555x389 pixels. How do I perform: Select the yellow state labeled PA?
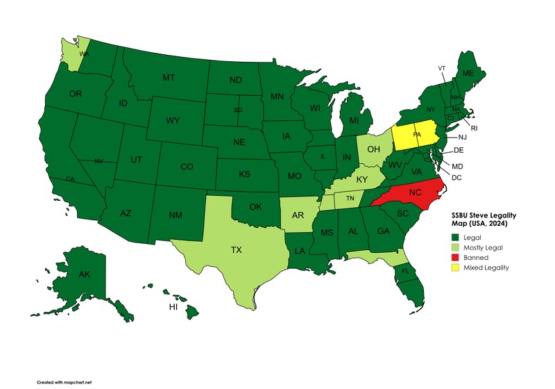[417, 135]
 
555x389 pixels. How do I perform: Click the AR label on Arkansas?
[296, 208]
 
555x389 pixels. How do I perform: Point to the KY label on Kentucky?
[361, 179]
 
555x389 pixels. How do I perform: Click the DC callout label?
[457, 178]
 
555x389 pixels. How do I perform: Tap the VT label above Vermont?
[442, 67]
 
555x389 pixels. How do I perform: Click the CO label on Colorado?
[187, 167]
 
